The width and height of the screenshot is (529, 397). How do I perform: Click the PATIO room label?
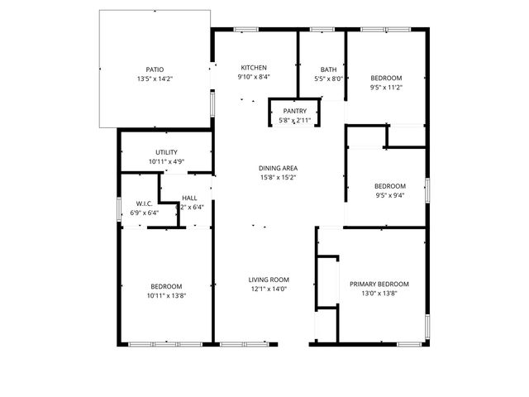(155, 69)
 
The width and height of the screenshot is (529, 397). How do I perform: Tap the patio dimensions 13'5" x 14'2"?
(155, 79)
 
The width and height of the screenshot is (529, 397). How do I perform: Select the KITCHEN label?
(254, 68)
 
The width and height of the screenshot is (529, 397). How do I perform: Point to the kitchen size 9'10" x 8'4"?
(254, 77)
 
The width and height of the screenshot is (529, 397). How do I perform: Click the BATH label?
(329, 69)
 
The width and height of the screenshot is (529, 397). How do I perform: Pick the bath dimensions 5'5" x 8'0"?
(329, 79)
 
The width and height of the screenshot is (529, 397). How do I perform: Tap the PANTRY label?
(295, 111)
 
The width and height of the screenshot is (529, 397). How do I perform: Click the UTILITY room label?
(166, 152)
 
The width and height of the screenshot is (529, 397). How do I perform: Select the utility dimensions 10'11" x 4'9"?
(166, 161)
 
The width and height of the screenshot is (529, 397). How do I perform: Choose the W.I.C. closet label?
(145, 203)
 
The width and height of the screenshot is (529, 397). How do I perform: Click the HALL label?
(190, 198)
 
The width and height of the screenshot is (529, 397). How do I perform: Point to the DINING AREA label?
(278, 167)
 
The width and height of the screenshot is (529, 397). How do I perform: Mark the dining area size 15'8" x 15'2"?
(278, 176)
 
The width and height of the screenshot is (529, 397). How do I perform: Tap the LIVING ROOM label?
(269, 280)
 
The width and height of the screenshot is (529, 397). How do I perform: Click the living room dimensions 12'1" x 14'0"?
(269, 289)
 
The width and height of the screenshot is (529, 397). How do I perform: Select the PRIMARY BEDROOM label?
(379, 285)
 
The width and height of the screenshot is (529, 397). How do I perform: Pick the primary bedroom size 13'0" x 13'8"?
(379, 294)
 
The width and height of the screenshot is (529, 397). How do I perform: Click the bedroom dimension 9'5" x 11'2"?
(386, 87)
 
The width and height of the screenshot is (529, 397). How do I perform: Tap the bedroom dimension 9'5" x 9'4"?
(390, 196)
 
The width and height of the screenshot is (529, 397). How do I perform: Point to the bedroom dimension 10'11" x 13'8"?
(166, 295)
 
